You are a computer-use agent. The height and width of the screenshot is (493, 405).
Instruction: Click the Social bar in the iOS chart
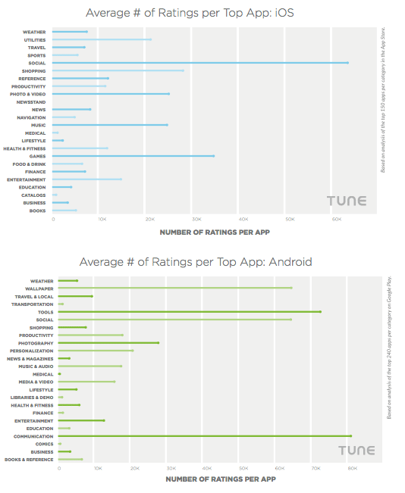click(200, 63)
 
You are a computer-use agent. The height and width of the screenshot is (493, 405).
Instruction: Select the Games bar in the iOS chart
click(133, 156)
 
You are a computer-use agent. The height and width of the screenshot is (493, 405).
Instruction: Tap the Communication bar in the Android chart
click(205, 435)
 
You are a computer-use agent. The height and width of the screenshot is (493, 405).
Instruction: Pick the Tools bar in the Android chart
click(190, 311)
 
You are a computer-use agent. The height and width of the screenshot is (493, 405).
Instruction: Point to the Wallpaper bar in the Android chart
click(175, 288)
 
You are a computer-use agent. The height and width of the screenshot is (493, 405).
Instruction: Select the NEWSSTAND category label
click(31, 101)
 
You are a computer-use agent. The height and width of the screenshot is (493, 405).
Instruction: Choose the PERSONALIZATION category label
click(32, 351)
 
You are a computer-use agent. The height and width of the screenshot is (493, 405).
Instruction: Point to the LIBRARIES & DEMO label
click(32, 397)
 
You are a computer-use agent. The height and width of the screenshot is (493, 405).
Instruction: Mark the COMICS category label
click(44, 444)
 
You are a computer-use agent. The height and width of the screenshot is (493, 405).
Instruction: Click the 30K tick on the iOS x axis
click(196, 220)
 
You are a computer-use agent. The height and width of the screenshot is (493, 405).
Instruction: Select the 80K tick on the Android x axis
click(352, 468)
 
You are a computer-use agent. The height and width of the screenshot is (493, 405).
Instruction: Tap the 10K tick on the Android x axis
click(97, 468)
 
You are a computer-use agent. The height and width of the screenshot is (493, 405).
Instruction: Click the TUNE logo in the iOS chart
click(347, 201)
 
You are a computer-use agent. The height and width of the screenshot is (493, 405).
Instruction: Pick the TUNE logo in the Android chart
click(356, 451)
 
